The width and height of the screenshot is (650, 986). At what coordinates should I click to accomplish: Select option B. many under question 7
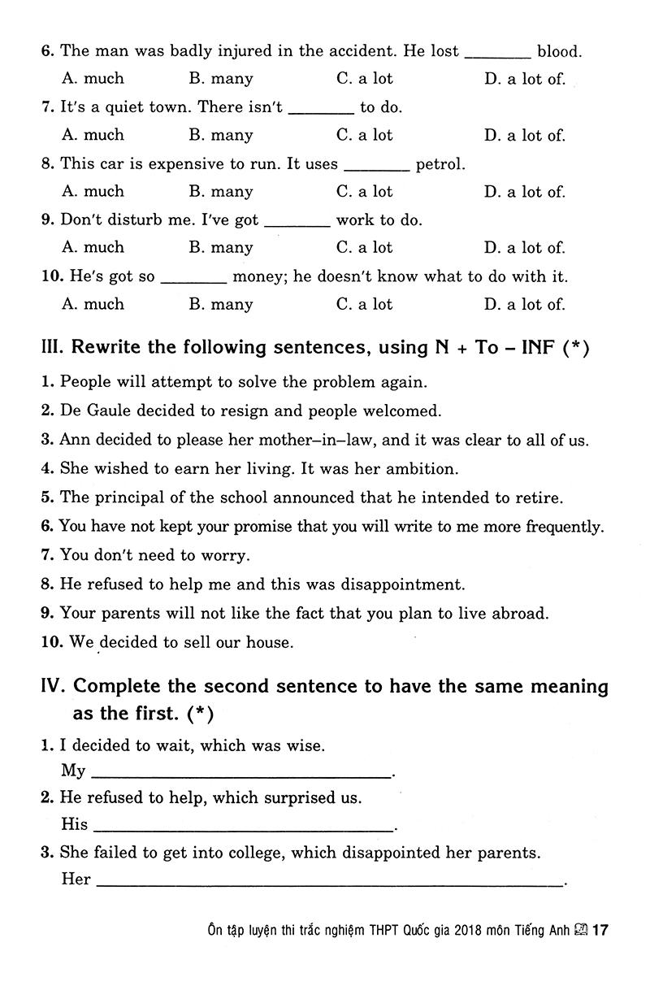221,135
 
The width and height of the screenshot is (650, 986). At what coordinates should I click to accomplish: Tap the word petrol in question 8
440,164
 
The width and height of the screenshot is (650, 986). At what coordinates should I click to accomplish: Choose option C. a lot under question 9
364,247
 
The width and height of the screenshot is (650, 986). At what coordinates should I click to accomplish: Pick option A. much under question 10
93,304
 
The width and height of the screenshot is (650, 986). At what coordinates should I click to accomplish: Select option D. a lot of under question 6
524,79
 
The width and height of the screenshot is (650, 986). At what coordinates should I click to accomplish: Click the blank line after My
241,775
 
